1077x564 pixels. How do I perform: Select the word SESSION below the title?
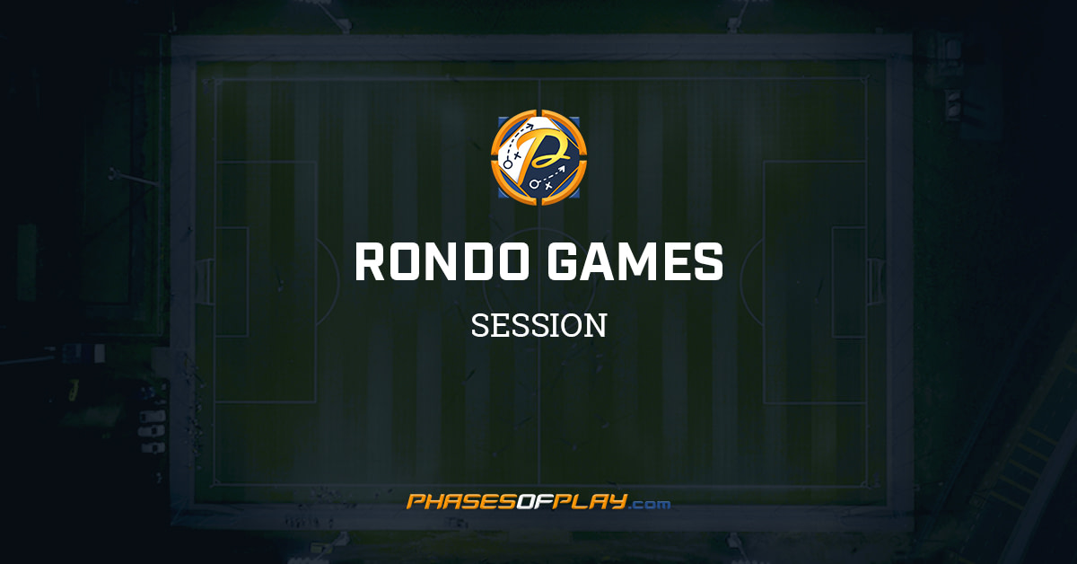[x=538, y=325]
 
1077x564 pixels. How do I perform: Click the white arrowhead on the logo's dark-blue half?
[x=563, y=167]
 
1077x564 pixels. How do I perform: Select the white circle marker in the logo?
[x=532, y=184]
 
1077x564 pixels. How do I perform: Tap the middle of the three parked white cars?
[x=151, y=429]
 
